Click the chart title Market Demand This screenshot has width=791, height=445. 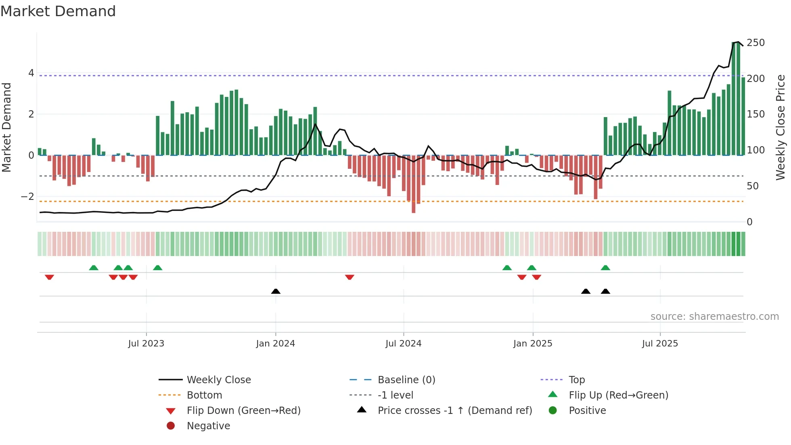coord(58,11)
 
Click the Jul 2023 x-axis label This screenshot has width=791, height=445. coord(146,344)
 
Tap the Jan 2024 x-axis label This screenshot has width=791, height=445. coord(275,344)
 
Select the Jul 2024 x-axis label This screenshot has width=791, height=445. coord(403,344)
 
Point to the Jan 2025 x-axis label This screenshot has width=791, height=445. coord(533,344)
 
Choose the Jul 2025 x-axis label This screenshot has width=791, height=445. coord(660,344)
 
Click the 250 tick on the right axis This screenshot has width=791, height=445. coord(755,43)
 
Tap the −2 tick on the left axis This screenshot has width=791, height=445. coord(27,197)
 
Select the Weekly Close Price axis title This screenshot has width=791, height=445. coord(781,127)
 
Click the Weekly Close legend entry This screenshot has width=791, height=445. coord(218,380)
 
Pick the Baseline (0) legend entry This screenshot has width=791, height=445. coord(406,380)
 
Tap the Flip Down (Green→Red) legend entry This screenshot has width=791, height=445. coord(243,411)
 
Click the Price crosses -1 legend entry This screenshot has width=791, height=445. coord(454,411)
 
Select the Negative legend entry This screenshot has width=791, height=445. coord(208,426)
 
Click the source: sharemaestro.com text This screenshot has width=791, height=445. coord(714,317)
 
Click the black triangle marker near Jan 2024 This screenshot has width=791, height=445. coord(276,291)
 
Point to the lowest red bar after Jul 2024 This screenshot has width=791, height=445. coord(413,210)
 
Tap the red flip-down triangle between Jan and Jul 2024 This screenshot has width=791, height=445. coord(349,277)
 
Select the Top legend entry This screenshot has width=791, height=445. coord(576,380)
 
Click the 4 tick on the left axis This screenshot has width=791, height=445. coord(31,73)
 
